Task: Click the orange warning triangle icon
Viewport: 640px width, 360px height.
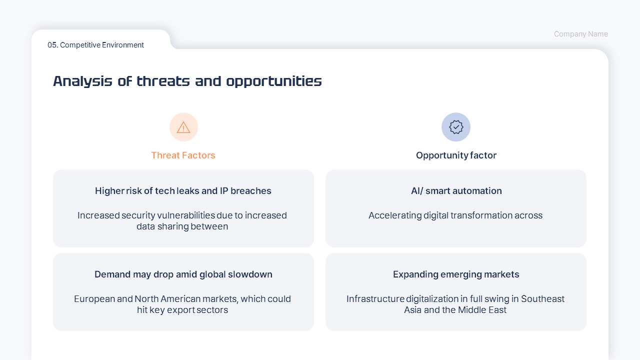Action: click(183, 127)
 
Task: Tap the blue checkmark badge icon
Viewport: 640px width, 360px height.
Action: click(456, 127)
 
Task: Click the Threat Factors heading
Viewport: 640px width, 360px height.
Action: click(183, 155)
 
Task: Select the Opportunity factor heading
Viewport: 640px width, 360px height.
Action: click(456, 155)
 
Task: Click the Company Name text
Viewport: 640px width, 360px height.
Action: click(581, 34)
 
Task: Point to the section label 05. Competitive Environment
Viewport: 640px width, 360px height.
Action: click(95, 45)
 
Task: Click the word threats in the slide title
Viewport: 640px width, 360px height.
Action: click(163, 81)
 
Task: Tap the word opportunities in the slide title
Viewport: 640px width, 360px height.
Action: click(274, 81)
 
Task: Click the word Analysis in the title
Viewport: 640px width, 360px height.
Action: click(82, 81)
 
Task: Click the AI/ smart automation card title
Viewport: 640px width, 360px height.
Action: click(456, 190)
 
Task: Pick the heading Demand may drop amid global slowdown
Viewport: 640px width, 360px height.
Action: click(183, 274)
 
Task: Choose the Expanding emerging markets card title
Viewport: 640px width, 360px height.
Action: click(456, 274)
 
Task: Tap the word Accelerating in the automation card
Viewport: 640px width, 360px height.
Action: click(395, 215)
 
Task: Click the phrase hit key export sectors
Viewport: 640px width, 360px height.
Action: click(182, 309)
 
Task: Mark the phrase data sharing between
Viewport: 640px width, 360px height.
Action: click(182, 226)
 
